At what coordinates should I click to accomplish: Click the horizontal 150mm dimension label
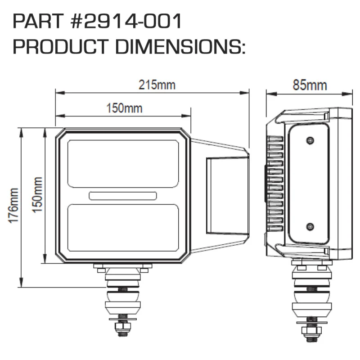click(x=124, y=108)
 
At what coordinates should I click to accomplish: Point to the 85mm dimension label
click(x=310, y=85)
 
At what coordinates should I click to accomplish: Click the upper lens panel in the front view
click(x=123, y=163)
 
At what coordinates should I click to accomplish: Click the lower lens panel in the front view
click(x=123, y=227)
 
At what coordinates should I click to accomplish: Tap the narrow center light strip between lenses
click(x=123, y=195)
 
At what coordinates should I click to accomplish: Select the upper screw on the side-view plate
click(x=309, y=141)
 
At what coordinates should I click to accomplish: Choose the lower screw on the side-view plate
click(x=309, y=225)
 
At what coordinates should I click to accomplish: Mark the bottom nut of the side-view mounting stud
click(x=309, y=333)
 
